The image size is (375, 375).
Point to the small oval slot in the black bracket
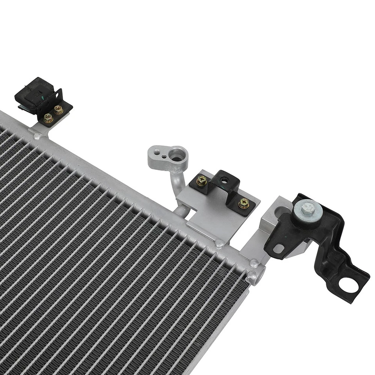tap(279, 248)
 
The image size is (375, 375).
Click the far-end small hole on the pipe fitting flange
tap(155, 153)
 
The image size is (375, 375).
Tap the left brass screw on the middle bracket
tap(202, 180)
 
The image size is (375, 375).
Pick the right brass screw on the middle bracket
tap(243, 203)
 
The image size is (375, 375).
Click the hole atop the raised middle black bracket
tap(224, 181)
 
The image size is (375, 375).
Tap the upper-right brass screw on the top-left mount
tap(59, 110)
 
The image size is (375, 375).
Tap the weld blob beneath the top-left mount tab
tap(37, 137)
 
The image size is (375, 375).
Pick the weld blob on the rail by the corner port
tap(254, 263)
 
